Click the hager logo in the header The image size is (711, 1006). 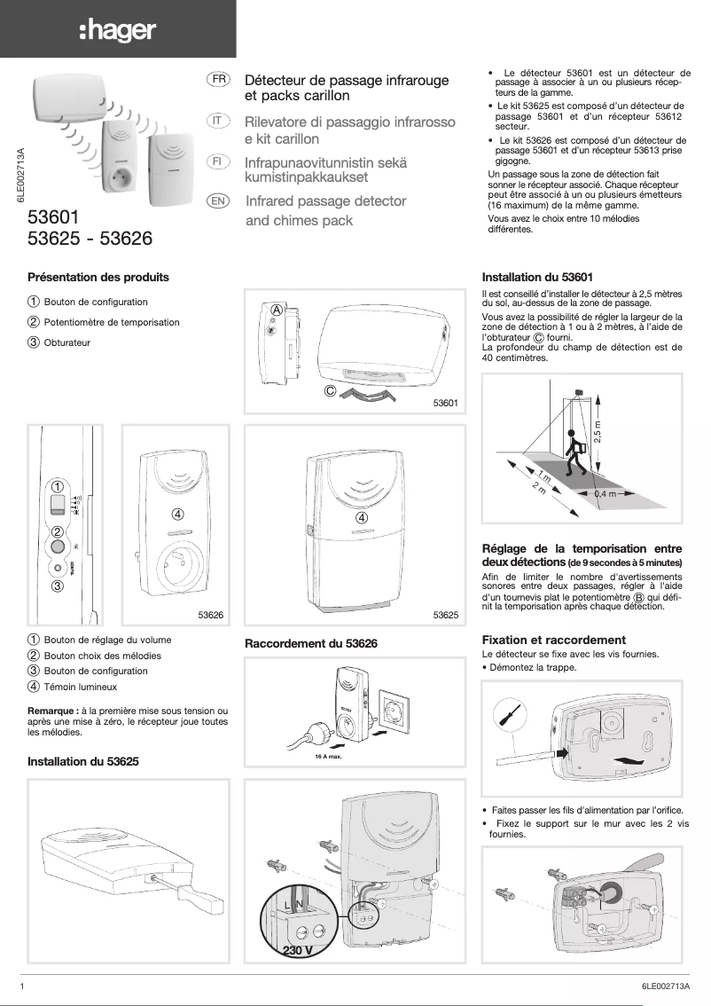tap(117, 31)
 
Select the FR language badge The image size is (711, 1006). tap(217, 79)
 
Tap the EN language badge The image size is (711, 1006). tap(216, 201)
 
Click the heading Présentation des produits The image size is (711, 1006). tap(98, 278)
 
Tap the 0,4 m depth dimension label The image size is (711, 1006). tap(606, 493)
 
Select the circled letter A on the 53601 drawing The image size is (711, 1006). tap(277, 310)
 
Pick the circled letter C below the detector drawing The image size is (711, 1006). tap(329, 389)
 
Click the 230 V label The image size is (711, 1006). tap(297, 950)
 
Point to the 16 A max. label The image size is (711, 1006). tap(328, 758)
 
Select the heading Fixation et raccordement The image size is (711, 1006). tap(553, 640)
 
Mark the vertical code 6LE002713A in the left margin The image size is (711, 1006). tap(20, 177)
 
